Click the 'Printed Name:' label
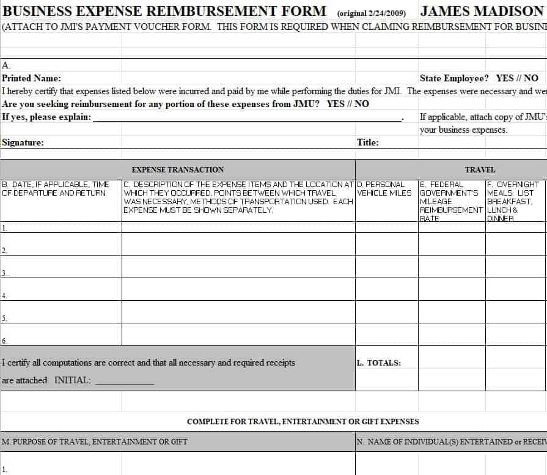tap(32, 78)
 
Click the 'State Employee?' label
tap(454, 78)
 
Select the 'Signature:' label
tap(23, 142)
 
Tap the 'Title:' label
tap(368, 142)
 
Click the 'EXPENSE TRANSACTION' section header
tap(178, 170)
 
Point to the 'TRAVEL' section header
tap(480, 170)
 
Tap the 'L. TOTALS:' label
tap(379, 363)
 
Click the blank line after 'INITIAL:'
tap(125, 381)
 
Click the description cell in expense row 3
tap(238, 267)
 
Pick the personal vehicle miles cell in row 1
tap(386, 227)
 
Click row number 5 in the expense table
tap(4, 319)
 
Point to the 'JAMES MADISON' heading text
tap(481, 12)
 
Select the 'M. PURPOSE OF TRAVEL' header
tap(95, 441)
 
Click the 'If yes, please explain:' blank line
tap(248, 117)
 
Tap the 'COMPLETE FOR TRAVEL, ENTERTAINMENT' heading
tap(303, 422)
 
